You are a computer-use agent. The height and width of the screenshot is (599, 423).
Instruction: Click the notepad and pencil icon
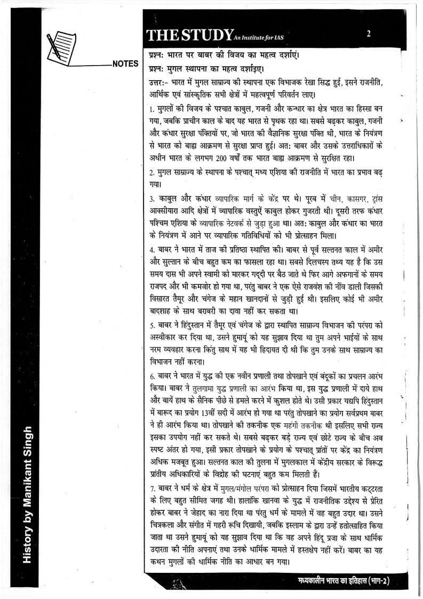click(61, 46)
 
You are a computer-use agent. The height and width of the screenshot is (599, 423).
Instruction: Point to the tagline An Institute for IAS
click(256, 37)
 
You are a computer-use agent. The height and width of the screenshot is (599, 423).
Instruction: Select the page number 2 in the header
click(369, 34)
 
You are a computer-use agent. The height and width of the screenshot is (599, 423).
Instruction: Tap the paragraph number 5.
click(152, 326)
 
